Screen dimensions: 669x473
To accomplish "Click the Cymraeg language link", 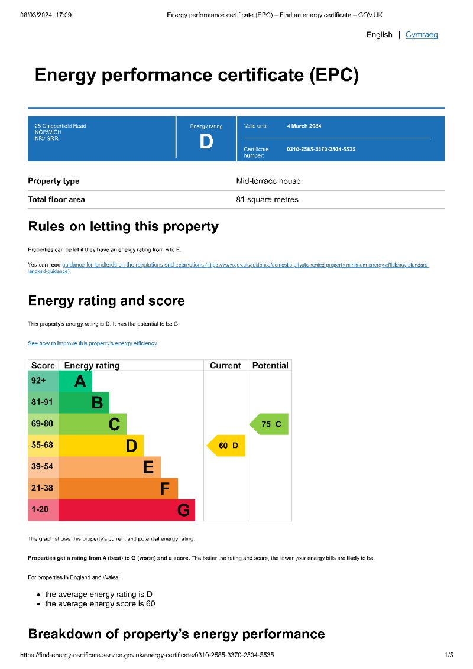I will [422, 35].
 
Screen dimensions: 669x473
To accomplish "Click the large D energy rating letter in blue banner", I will [206, 142].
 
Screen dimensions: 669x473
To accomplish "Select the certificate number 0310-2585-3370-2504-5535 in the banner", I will [321, 150].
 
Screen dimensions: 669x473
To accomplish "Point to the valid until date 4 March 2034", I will [304, 126].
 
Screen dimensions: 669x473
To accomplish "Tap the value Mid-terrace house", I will [268, 181].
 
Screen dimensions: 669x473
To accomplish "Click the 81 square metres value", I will [267, 199].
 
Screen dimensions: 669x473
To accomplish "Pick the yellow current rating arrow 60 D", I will [226, 446].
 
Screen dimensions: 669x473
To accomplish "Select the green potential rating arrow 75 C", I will [270, 424].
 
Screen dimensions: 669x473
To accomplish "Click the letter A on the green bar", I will [80, 382].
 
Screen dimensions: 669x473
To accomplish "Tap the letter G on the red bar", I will [184, 510].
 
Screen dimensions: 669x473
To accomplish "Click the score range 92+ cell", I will [39, 381].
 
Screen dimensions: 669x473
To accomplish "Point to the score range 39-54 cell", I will [41, 466].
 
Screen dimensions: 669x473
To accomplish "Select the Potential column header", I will [270, 366].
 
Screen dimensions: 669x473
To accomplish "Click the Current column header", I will [225, 366].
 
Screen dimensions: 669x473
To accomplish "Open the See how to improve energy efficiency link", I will [93, 343].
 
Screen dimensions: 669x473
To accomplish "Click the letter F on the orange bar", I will [165, 489].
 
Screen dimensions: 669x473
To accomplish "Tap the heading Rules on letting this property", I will [123, 226].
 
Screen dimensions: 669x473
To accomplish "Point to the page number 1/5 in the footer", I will [449, 655].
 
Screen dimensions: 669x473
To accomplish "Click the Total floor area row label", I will [56, 199].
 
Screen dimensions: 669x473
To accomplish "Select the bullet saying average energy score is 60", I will [100, 604].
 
